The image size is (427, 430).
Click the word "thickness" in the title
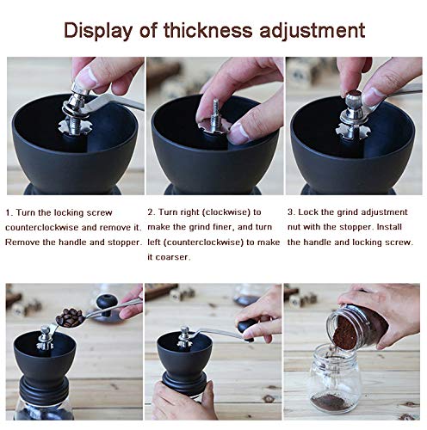207,30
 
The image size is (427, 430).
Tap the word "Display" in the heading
98,31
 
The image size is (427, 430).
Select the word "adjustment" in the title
313,31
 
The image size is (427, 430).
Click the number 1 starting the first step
9,212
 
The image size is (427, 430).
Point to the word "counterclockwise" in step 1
42,228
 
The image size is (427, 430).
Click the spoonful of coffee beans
70,317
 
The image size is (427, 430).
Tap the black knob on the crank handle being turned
246,328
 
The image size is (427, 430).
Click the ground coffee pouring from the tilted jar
345,333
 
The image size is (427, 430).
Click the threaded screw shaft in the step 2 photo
216,115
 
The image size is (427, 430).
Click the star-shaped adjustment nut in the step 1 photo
75,128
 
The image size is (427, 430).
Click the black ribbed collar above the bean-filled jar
44,387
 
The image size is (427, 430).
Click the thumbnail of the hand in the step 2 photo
239,134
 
